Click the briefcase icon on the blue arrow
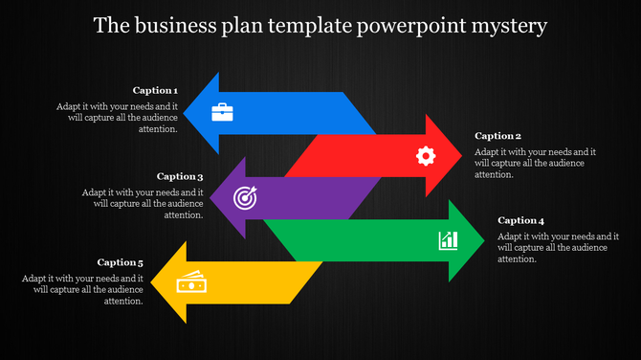(222, 112)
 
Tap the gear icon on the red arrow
(426, 155)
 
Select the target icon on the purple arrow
(245, 198)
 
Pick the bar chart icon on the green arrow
(448, 239)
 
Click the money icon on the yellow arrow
(190, 282)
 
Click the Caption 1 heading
(156, 91)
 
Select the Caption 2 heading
(497, 136)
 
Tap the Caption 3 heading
(180, 176)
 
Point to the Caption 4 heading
(521, 220)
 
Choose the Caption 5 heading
(121, 261)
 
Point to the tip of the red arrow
(462, 155)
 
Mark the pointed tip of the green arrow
(485, 240)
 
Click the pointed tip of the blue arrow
(184, 113)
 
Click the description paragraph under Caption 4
(558, 247)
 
